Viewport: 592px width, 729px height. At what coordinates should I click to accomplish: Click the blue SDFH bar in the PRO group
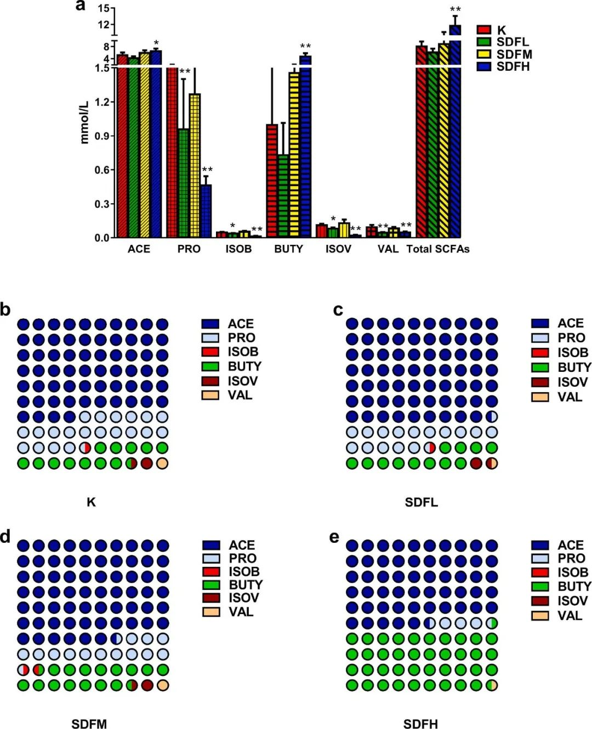tap(206, 211)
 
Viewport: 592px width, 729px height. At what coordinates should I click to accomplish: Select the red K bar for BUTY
tap(272, 181)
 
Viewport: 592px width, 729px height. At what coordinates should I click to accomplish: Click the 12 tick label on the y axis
tap(103, 24)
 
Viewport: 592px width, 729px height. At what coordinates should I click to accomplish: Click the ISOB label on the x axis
tap(238, 249)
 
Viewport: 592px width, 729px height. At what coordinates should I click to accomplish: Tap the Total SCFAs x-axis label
tap(438, 249)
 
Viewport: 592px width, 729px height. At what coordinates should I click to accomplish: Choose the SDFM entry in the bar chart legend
tap(514, 54)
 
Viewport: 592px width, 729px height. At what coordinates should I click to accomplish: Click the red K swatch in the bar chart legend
tap(483, 30)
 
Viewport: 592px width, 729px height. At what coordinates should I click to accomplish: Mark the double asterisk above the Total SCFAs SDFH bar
tap(455, 9)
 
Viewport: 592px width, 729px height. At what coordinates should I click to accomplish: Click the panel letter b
tap(5, 310)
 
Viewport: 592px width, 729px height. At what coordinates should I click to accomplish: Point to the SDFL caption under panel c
tap(421, 502)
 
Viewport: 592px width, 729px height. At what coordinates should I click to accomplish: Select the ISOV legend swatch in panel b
tap(210, 381)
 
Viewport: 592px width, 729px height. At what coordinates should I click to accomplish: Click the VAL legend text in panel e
tap(570, 616)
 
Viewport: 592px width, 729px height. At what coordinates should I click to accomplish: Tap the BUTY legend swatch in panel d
tap(211, 584)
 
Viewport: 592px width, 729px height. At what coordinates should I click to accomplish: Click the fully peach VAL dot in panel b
tap(162, 463)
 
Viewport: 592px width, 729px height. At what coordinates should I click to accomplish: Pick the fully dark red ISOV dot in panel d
tap(147, 685)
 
